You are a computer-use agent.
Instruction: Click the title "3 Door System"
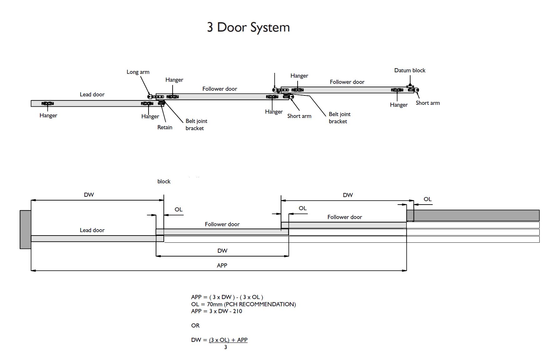point(248,28)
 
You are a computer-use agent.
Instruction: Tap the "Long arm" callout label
point(138,72)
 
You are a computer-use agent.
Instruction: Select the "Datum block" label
point(410,70)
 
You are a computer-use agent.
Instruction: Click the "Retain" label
point(165,127)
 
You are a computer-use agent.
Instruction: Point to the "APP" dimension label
point(222,266)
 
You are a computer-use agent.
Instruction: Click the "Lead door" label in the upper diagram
point(92,94)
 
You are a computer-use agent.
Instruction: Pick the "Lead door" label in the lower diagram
point(92,230)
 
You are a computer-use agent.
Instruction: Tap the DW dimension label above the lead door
point(89,195)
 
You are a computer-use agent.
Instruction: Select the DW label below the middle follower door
point(222,251)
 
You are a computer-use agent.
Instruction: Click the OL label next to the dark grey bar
point(427,199)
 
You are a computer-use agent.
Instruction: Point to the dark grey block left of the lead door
point(25,229)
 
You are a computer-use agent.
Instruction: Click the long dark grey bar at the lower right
point(473,215)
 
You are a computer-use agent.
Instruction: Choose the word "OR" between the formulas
point(195,326)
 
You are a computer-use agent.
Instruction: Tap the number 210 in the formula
point(237,311)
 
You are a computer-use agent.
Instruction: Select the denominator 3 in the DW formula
point(225,347)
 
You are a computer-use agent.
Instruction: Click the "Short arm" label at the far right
point(427,103)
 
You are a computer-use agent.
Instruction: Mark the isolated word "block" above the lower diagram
point(164,181)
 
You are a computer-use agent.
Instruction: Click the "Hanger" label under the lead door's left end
point(48,115)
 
